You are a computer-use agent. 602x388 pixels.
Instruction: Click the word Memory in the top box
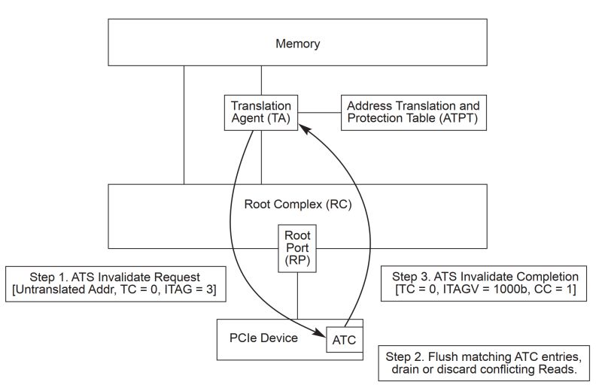pyautogui.click(x=297, y=43)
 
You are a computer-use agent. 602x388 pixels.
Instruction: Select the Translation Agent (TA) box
pyautogui.click(x=261, y=112)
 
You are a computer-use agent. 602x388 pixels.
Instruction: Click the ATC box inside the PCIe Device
pyautogui.click(x=344, y=340)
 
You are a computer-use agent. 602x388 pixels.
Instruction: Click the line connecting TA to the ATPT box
pyautogui.click(x=319, y=112)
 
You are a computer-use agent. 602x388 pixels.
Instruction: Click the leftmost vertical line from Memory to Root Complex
pyautogui.click(x=184, y=124)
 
